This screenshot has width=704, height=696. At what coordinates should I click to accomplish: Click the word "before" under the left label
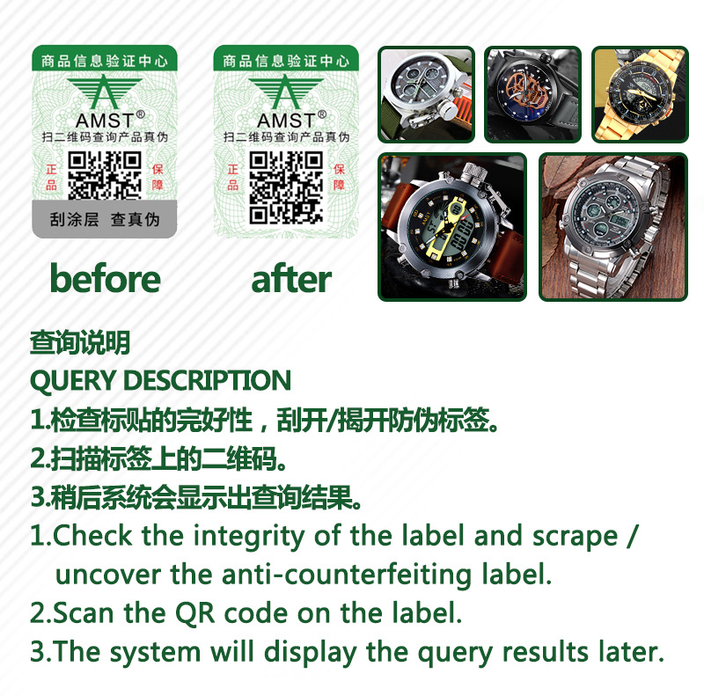105,279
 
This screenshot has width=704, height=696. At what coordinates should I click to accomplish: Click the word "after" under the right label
290,279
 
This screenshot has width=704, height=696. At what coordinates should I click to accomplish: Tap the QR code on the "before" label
105,174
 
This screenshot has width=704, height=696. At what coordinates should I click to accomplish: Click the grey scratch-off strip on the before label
105,219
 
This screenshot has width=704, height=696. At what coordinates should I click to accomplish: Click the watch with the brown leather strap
452,227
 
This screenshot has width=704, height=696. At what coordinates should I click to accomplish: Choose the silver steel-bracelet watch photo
612,227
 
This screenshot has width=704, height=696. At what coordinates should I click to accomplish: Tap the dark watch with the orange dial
532,94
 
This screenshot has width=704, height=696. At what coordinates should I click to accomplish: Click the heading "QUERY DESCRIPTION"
160,381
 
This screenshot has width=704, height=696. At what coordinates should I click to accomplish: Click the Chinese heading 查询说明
80,343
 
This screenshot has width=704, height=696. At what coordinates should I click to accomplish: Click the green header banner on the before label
105,61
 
